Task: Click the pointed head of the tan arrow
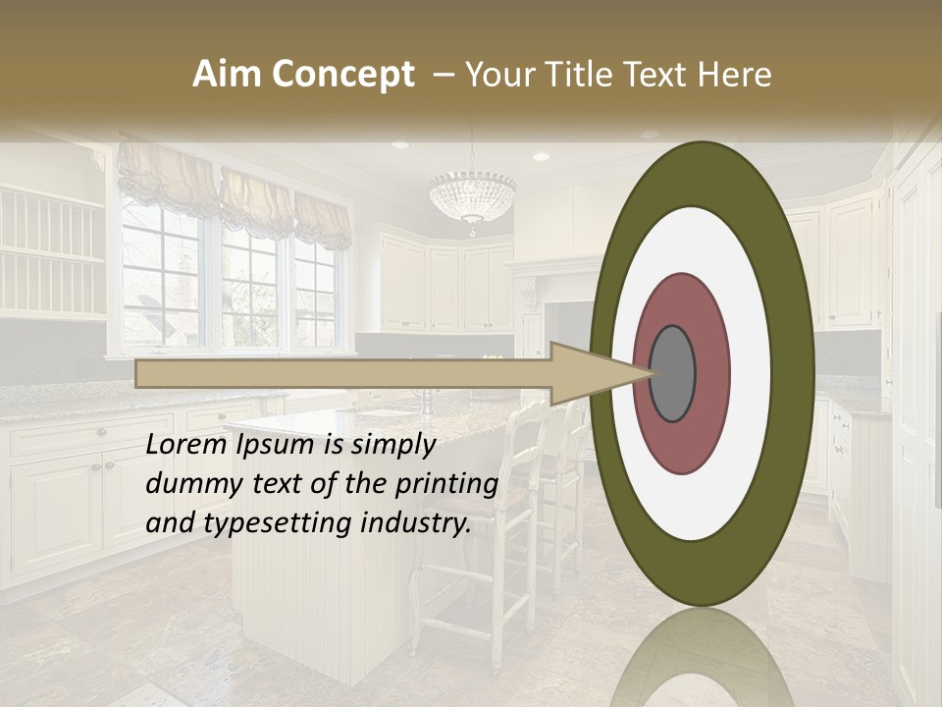(608, 373)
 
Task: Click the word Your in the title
(498, 75)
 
